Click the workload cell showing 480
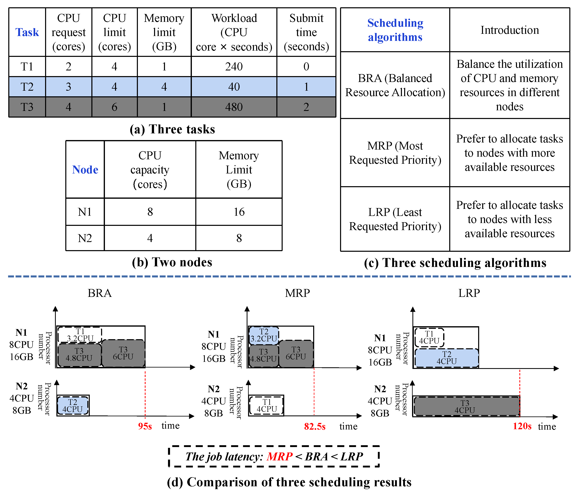point(234,107)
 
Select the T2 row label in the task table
point(27,87)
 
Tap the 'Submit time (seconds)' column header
point(306,32)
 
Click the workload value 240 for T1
point(234,67)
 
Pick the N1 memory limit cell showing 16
point(239,212)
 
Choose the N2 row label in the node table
point(85,238)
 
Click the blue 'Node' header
point(85,169)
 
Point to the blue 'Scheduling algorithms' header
point(395,30)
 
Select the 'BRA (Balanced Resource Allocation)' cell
point(395,85)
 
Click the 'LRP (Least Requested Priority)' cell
point(395,219)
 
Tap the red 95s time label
point(145,426)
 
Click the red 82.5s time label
point(315,426)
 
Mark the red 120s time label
point(522,426)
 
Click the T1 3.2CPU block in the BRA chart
point(80,335)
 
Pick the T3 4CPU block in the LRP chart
point(465,407)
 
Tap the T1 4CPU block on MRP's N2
point(267,405)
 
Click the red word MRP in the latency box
point(279,457)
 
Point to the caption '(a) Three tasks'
point(172,129)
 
